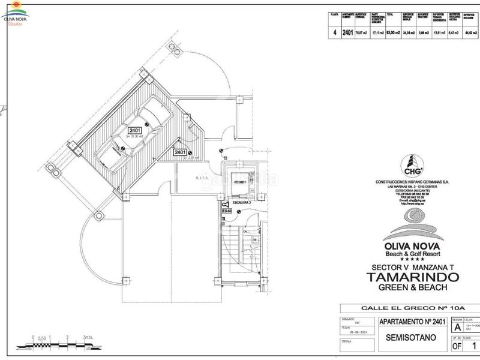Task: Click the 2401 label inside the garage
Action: [134, 129]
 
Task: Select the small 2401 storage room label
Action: [180, 152]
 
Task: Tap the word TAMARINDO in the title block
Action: [413, 277]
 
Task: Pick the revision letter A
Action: [457, 328]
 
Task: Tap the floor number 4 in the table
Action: [334, 33]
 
